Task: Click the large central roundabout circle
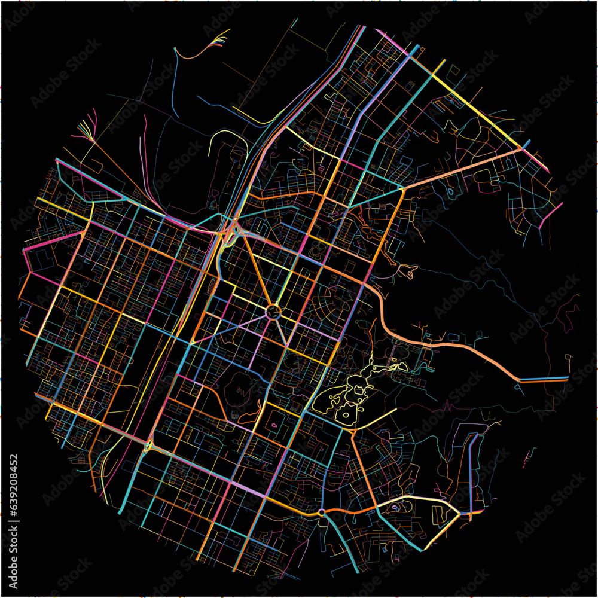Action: point(273,312)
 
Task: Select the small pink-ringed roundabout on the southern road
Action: point(322,512)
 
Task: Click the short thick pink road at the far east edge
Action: point(551,216)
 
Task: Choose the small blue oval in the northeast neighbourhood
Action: point(450,191)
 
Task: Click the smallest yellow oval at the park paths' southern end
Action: point(346,415)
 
